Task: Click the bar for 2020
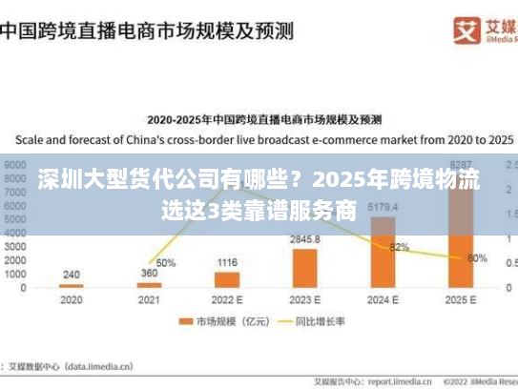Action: (x=72, y=285)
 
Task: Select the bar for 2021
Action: (x=149, y=284)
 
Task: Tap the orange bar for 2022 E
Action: (x=227, y=279)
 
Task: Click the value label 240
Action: (x=72, y=274)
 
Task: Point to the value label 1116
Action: (x=227, y=262)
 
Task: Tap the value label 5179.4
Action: (x=383, y=207)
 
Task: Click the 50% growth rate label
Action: (x=166, y=263)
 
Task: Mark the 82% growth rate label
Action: (x=399, y=247)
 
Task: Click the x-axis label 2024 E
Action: (x=383, y=299)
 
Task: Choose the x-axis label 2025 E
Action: (x=460, y=299)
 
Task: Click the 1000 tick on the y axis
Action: (x=14, y=274)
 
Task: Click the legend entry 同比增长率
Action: (x=316, y=321)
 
